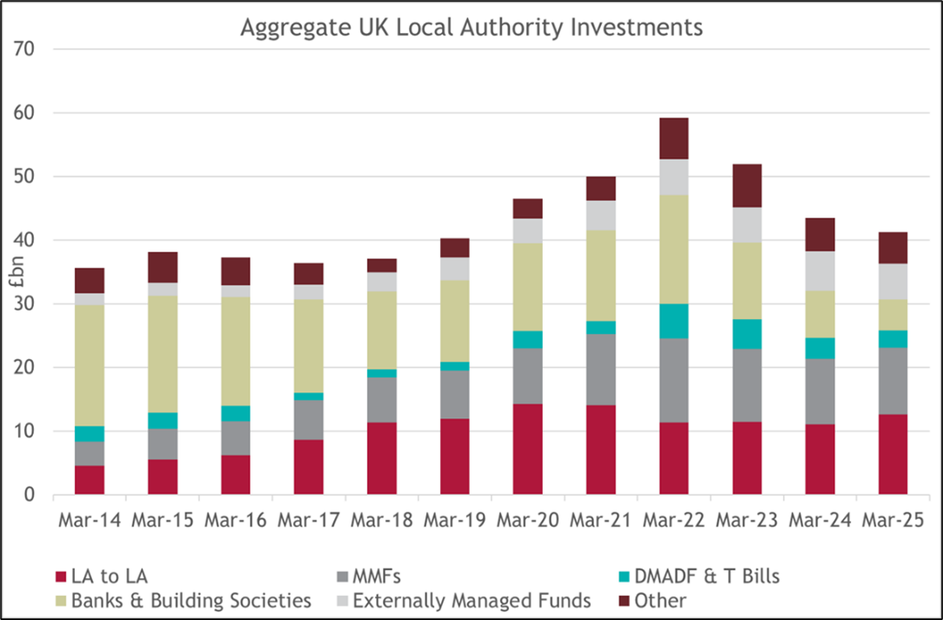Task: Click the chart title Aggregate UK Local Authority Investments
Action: [x=471, y=28]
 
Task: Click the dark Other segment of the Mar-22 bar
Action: [x=673, y=138]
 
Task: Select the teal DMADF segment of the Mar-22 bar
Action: [x=673, y=321]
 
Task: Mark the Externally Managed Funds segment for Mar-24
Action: [x=819, y=270]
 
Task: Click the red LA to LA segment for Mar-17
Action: [x=308, y=467]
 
